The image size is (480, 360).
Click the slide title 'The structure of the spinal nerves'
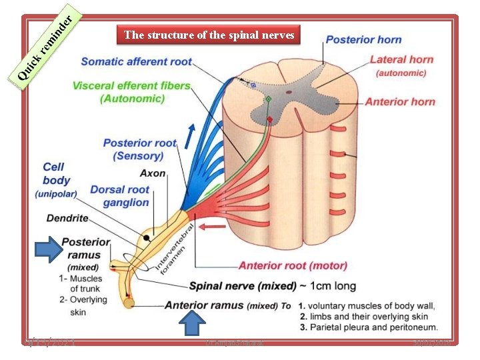click(209, 35)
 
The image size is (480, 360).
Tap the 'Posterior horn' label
click(363, 40)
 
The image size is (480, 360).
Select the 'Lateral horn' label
click(401, 60)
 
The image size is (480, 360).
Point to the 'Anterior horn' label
click(400, 102)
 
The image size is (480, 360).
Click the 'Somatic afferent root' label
click(136, 61)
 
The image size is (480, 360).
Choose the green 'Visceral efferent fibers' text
click(131, 86)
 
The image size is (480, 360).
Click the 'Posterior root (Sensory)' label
click(139, 149)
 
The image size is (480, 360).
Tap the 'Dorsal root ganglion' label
click(120, 196)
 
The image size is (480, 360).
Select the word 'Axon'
click(153, 173)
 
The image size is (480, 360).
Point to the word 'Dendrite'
click(67, 218)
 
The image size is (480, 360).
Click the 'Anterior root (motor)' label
click(293, 265)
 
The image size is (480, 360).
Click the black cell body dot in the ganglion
click(145, 237)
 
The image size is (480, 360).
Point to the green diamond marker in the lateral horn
click(268, 99)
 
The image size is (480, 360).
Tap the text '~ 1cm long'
click(328, 286)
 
